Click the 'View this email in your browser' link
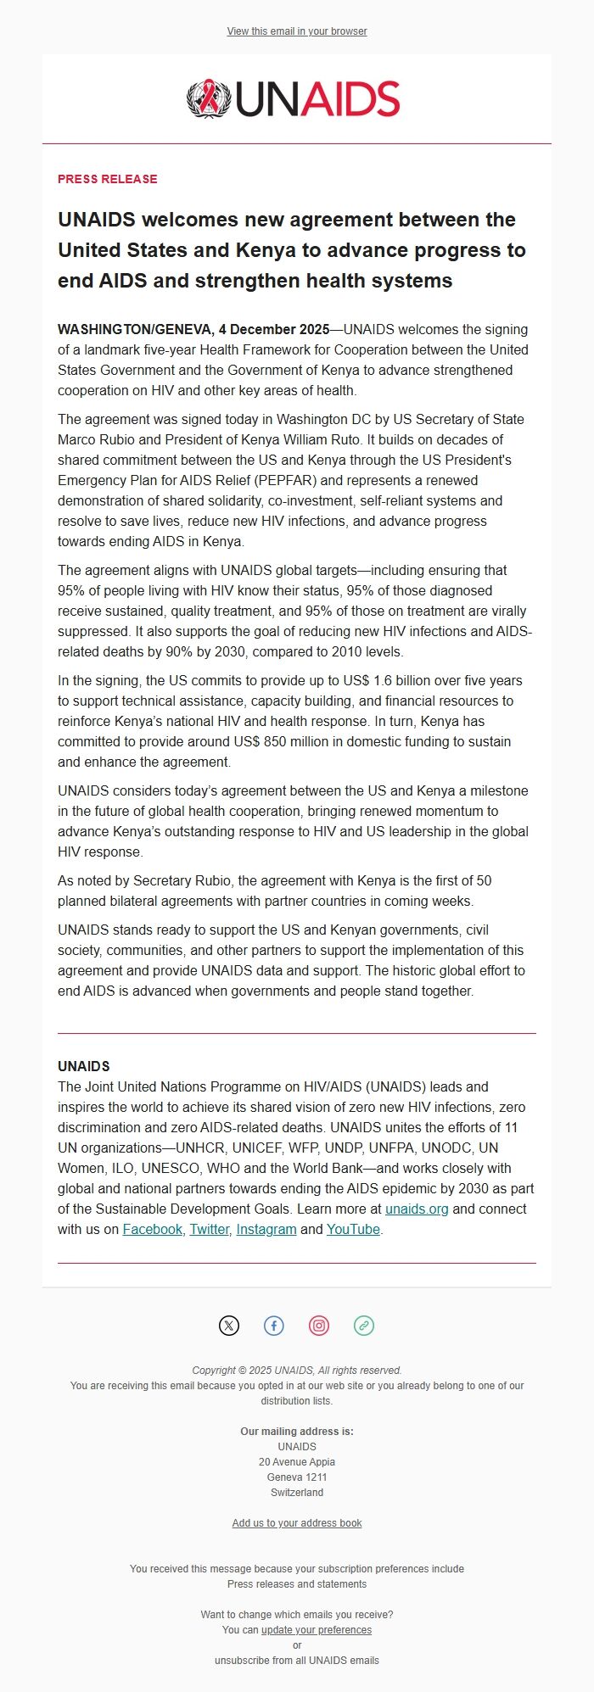point(297,31)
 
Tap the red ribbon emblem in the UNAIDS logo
point(204,98)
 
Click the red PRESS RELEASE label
point(108,179)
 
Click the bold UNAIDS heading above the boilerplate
point(84,1066)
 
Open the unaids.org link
point(417,1209)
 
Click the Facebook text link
point(153,1229)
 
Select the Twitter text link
point(210,1229)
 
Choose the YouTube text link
point(353,1229)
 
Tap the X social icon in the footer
point(229,1326)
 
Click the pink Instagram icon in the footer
point(319,1326)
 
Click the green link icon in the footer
point(364,1326)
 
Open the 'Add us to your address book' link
point(297,1523)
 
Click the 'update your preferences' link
point(317,1630)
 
